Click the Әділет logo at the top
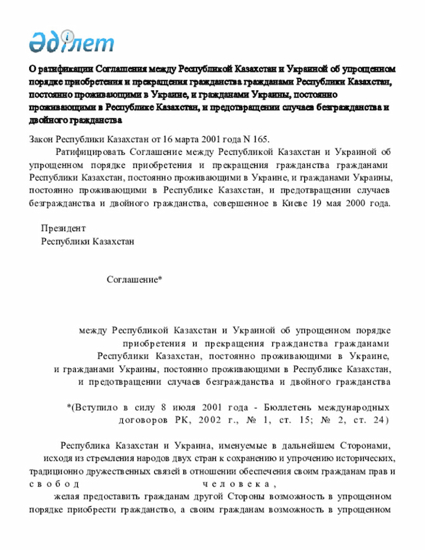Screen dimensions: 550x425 [x=71, y=41]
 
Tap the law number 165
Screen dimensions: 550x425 [x=260, y=139]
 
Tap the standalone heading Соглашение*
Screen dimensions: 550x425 [x=135, y=280]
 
